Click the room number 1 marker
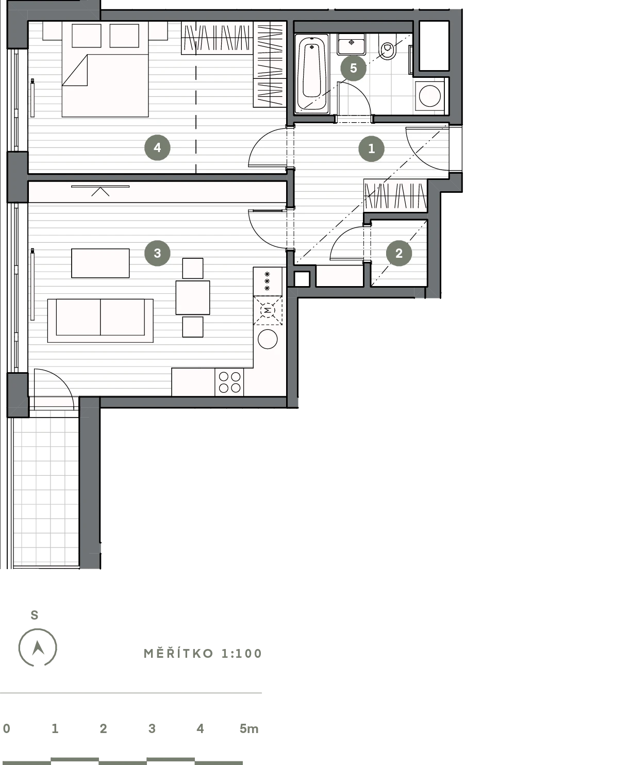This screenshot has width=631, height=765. (x=371, y=148)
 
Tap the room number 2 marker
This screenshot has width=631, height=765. (x=398, y=253)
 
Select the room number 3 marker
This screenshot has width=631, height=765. (x=157, y=253)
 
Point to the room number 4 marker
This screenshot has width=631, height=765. (x=157, y=147)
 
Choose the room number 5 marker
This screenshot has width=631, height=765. (x=353, y=68)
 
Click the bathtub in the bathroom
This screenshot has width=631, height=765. (x=312, y=74)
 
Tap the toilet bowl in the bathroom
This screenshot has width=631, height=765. (x=388, y=47)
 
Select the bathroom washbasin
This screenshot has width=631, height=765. (x=351, y=44)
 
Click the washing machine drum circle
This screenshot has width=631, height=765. (x=429, y=96)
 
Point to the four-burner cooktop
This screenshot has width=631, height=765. (x=229, y=382)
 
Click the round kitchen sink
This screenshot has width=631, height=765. (x=268, y=339)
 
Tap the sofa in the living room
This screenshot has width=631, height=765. (x=101, y=321)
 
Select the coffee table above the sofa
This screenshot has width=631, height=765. (x=101, y=263)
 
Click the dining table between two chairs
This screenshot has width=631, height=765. (x=193, y=297)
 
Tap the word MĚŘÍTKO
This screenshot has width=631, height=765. (x=178, y=654)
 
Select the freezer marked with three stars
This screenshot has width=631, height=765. (x=268, y=281)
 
